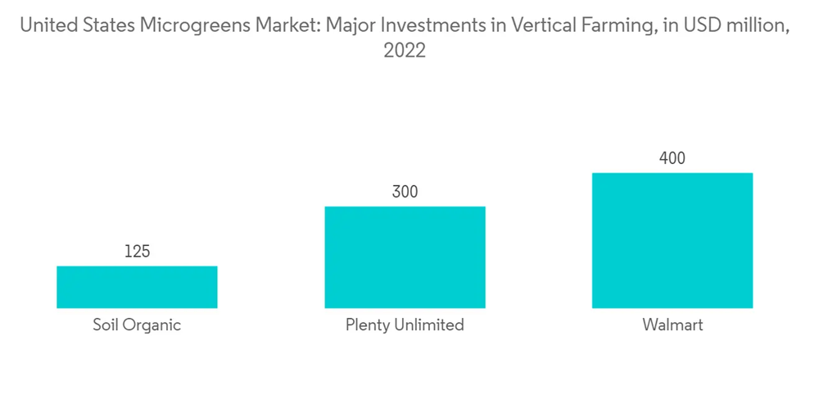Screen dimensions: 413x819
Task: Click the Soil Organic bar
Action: (137, 287)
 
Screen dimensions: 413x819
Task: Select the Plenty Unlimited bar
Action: (405, 256)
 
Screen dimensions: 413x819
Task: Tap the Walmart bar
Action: (672, 240)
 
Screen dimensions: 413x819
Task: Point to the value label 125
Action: (137, 252)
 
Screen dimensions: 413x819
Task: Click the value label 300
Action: (405, 193)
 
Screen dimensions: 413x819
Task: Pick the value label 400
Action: (672, 159)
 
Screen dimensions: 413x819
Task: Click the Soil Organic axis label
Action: (137, 325)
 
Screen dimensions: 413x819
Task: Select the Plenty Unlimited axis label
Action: (405, 325)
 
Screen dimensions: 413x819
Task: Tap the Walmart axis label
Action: (672, 325)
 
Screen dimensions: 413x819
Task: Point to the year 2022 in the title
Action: (405, 51)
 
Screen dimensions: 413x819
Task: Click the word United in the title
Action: (46, 25)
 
